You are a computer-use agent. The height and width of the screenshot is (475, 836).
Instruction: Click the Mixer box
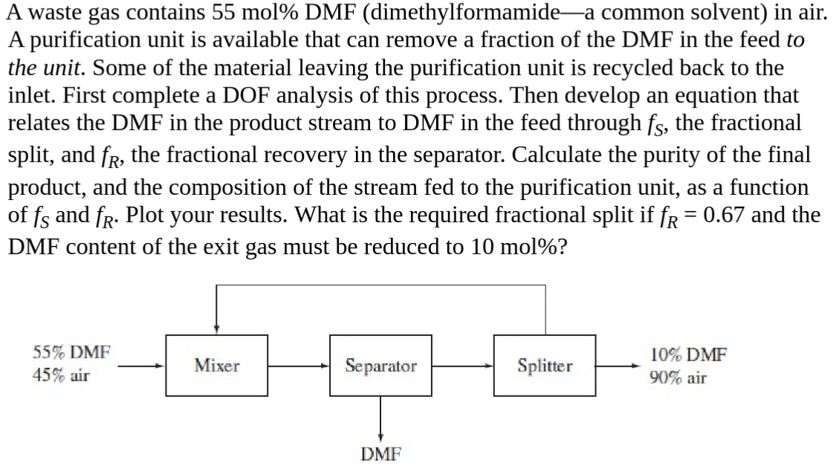coord(216,365)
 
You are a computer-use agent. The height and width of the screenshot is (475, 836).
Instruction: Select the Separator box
coord(380,365)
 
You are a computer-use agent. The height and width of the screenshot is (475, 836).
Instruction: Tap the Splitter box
coord(545,365)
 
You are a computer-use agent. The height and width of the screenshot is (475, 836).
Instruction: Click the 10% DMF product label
coord(687,354)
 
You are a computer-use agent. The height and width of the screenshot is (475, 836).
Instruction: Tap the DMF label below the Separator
coord(380,453)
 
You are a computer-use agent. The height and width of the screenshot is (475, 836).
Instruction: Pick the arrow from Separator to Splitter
coord(463,365)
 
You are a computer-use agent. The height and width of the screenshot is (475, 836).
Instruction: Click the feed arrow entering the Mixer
coord(141,365)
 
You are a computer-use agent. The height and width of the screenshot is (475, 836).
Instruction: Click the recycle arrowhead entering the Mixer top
coord(216,327)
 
